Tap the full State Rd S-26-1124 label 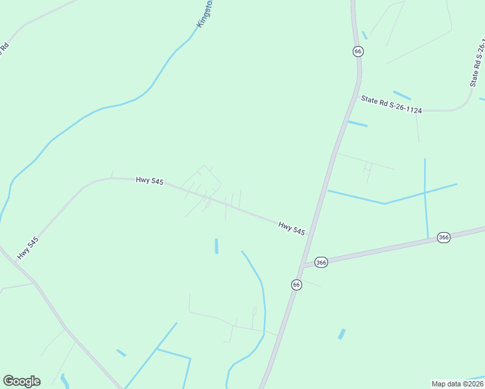tap(391, 104)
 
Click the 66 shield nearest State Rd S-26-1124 tap(357, 51)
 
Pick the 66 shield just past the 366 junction tap(296, 285)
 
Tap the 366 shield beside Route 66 tap(321, 262)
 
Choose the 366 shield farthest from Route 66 tap(444, 237)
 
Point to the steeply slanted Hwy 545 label tap(28, 248)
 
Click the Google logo tap(21, 381)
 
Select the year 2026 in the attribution tap(475, 384)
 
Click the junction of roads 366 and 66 tap(303, 266)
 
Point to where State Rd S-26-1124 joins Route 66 tap(358, 96)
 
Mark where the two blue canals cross tap(425, 191)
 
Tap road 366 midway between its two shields tap(383, 250)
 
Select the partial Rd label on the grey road tap(4, 49)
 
